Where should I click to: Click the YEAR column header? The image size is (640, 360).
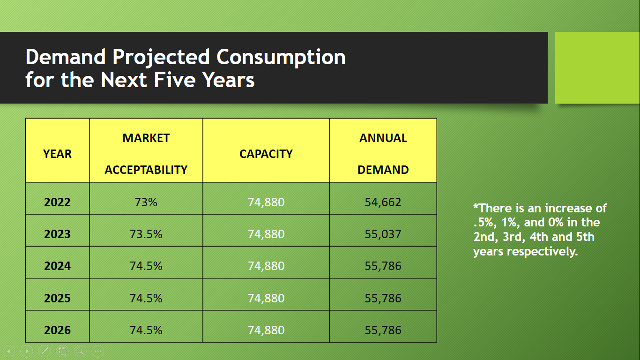point(57,154)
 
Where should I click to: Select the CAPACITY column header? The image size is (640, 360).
point(266,154)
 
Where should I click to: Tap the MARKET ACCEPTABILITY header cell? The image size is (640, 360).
point(146,154)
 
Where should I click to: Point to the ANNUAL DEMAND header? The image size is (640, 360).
point(383,154)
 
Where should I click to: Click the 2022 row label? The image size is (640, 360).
point(57,202)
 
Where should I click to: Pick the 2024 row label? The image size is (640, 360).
point(57,266)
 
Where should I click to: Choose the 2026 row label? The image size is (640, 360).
point(57,330)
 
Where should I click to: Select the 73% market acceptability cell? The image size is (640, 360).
point(146,202)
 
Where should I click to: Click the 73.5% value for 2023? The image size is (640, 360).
point(146,234)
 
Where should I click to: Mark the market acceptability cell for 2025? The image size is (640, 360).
point(146,298)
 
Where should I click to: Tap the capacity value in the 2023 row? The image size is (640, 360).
point(266,234)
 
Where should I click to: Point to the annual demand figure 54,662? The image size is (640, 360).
point(383,202)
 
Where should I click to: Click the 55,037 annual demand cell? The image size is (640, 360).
point(383,234)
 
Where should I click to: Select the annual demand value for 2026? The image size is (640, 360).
point(383,330)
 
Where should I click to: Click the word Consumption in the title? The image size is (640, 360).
point(281,57)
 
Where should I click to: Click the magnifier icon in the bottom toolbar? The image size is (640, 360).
point(80,350)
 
